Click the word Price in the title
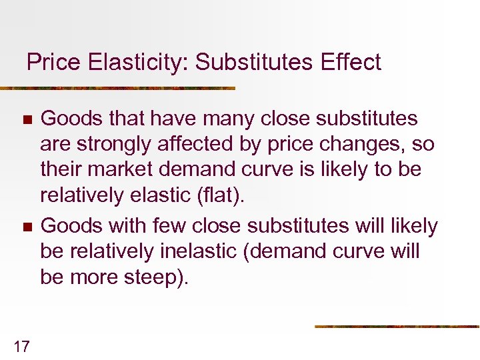click(x=52, y=63)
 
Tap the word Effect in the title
click(x=350, y=63)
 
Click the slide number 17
click(x=21, y=345)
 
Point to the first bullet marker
click(x=27, y=121)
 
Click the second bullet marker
click(x=27, y=227)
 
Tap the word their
click(x=59, y=169)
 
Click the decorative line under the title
click(x=117, y=88)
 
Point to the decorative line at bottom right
click(x=397, y=327)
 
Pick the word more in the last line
click(x=90, y=277)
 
